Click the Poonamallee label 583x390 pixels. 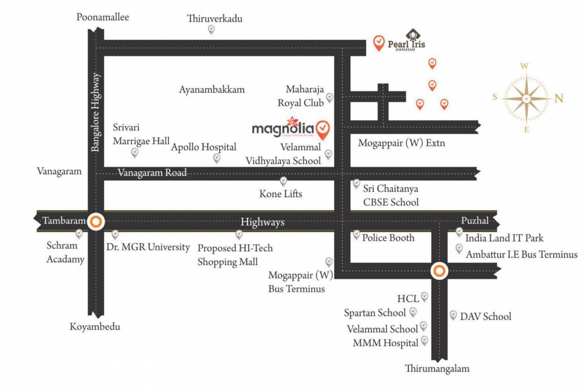click(103, 18)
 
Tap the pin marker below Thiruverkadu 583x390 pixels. click(211, 30)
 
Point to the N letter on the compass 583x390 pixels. click(559, 99)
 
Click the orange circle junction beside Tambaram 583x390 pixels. click(96, 222)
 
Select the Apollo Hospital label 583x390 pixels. click(204, 147)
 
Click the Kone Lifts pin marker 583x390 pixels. click(283, 181)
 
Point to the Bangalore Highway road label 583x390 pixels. click(96, 113)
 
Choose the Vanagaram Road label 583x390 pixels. click(152, 173)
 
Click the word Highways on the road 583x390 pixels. click(262, 222)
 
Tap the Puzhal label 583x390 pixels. click(474, 221)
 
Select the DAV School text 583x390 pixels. click(485, 317)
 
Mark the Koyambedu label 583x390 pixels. click(95, 327)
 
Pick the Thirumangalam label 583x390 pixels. click(437, 369)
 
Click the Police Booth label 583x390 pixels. click(388, 238)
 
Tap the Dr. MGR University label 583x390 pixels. click(148, 248)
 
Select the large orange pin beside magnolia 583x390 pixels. click(322, 129)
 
